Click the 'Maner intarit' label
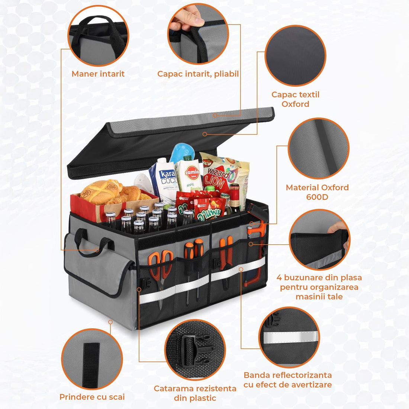(98, 74)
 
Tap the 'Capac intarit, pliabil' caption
(198, 74)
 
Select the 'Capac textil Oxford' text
(295, 99)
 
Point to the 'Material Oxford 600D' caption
(317, 192)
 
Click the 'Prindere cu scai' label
(92, 397)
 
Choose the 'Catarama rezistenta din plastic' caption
(195, 393)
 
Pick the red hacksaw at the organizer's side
(254, 253)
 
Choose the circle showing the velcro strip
(92, 359)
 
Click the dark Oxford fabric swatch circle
(295, 56)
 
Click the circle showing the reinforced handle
(98, 36)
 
